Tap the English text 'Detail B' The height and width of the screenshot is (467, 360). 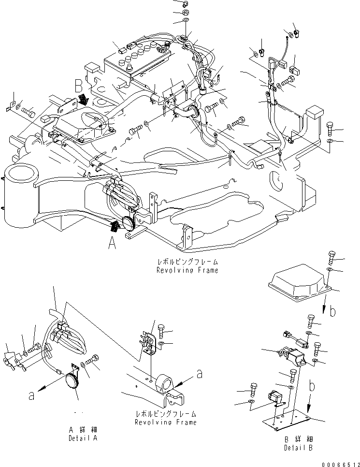pos(298,448)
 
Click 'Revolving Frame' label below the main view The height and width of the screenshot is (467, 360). pos(187,270)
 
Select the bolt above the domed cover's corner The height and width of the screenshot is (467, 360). pos(331,257)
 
